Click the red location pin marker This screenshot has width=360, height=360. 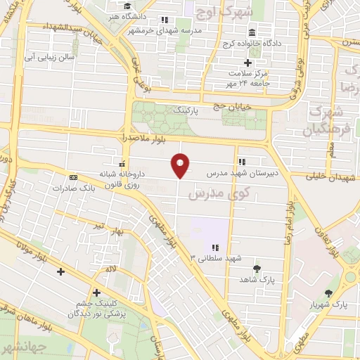pyautogui.click(x=181, y=165)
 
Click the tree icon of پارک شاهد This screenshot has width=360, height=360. pyautogui.click(x=256, y=269)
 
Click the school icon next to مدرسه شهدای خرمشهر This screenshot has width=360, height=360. pyautogui.click(x=165, y=20)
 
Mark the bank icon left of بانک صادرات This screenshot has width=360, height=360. pyautogui.click(x=72, y=177)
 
